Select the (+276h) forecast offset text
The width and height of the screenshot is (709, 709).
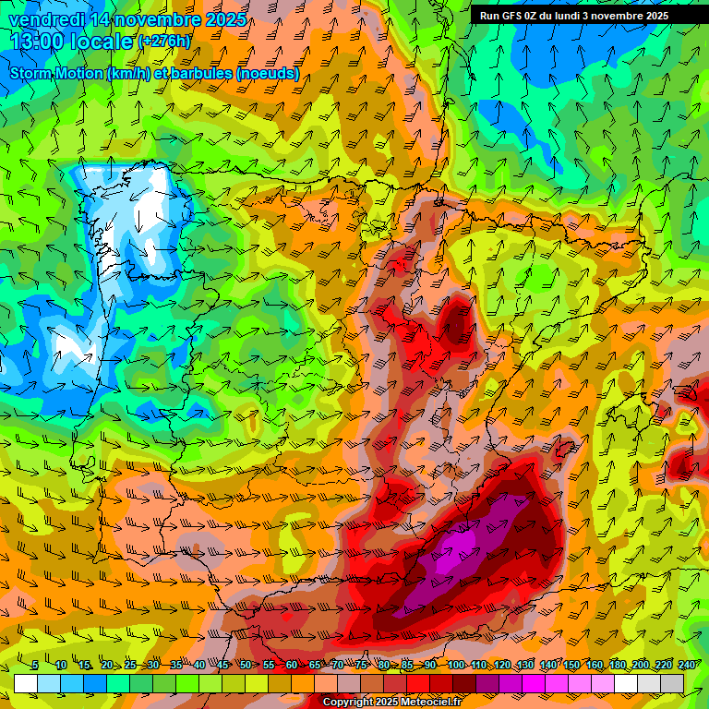(164, 42)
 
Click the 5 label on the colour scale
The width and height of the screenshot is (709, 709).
(34, 665)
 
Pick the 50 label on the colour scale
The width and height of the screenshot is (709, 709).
(246, 665)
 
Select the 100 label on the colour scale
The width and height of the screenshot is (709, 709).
(456, 665)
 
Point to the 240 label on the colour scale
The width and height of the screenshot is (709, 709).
(687, 665)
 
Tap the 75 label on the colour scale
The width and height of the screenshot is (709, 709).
(361, 665)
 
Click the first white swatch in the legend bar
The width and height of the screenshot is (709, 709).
(26, 683)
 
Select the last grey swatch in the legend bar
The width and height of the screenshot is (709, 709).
(672, 683)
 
